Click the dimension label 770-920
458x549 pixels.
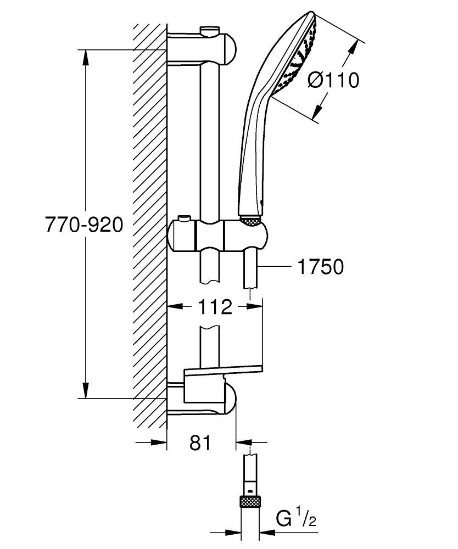click(84, 225)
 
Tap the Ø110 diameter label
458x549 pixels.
click(333, 80)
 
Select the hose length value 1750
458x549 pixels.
click(320, 267)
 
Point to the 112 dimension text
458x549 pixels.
click(215, 307)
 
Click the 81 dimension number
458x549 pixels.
click(200, 442)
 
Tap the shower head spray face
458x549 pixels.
click(297, 60)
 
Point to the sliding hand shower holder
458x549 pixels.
click(220, 235)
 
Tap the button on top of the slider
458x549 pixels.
click(184, 220)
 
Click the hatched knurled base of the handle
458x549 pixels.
click(252, 220)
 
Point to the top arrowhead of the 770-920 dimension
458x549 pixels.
click(86, 55)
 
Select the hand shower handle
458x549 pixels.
click(252, 159)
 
